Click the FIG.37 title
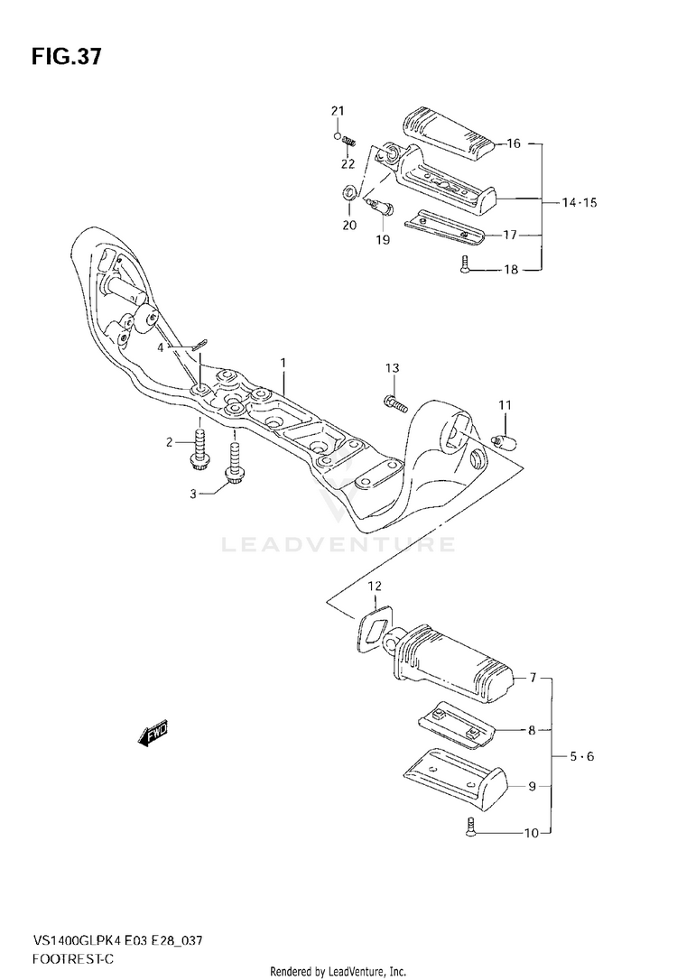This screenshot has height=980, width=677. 66,58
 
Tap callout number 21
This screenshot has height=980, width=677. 338,111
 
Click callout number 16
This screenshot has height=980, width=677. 514,143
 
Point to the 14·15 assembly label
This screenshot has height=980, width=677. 579,203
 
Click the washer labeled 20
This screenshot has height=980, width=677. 346,195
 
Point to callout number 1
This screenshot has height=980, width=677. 283,364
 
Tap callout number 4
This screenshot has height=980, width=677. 162,347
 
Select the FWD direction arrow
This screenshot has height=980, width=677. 153,735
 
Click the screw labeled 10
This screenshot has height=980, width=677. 472,826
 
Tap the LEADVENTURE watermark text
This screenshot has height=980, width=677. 338,545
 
